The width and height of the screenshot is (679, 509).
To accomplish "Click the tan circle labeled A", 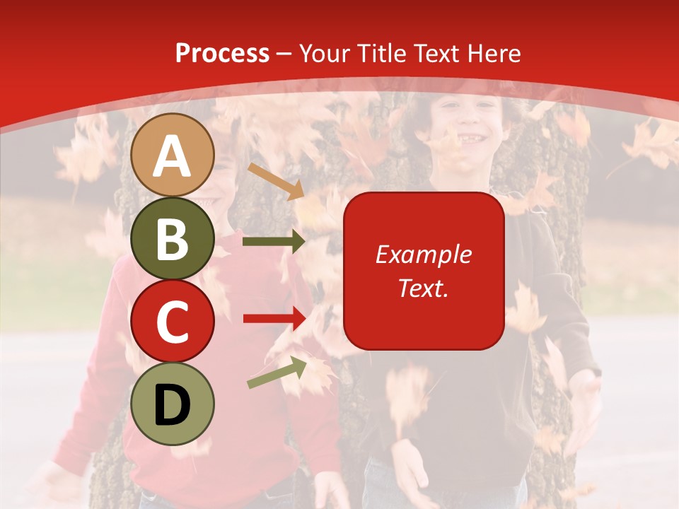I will (x=172, y=155).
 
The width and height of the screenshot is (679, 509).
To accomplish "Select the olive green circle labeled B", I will (x=172, y=238).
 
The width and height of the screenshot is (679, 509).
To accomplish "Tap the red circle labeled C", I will (x=172, y=321).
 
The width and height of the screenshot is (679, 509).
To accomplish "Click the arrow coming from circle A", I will (x=276, y=181).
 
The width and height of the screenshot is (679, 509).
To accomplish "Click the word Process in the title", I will (x=222, y=53).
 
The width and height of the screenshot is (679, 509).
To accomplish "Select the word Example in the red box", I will (x=423, y=255).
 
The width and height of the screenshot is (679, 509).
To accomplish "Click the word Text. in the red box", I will (x=423, y=288).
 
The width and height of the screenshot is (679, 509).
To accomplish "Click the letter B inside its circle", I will (x=172, y=238).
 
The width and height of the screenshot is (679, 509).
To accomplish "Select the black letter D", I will (x=172, y=404).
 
